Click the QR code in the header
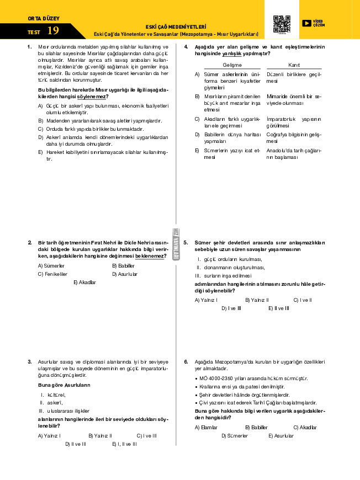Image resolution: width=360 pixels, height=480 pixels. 282,24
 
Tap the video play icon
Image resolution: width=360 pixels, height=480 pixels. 306,23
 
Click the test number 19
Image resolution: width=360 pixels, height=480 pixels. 53,31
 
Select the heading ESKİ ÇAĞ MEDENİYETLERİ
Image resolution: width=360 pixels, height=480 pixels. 176,26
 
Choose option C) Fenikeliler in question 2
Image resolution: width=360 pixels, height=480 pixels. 52,274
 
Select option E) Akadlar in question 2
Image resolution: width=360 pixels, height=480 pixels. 84,282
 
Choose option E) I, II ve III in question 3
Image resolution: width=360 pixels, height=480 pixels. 124,444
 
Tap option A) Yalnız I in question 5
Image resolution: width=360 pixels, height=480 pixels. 207,300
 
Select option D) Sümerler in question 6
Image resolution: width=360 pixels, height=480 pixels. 234,436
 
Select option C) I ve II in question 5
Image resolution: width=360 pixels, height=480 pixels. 303,300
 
